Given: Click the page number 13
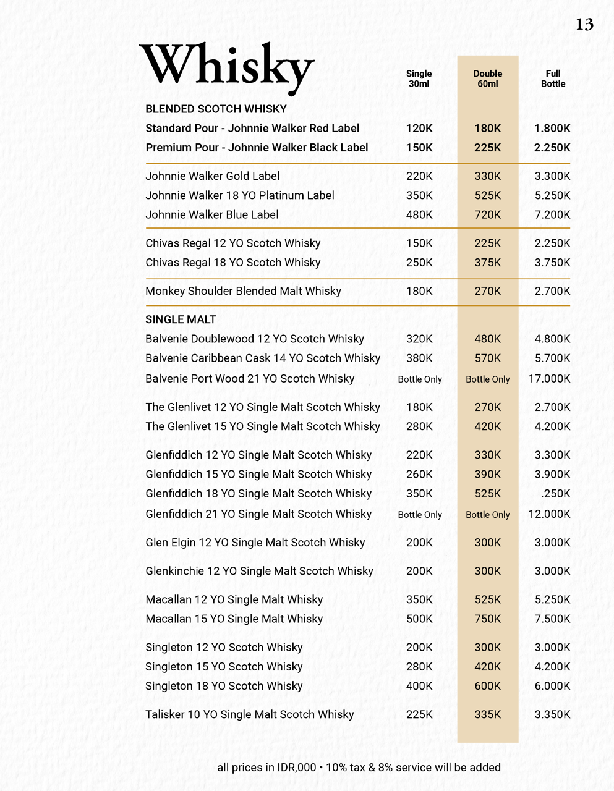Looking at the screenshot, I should [584, 24].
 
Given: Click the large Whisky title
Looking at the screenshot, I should [227, 67].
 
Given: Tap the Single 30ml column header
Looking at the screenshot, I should [419, 78].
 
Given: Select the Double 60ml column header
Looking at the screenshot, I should [488, 78].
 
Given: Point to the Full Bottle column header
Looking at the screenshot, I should [553, 78].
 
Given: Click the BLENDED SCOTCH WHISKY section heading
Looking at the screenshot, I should [216, 109].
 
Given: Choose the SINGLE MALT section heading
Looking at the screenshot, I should [181, 319].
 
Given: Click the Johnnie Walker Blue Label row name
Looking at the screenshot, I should [211, 214].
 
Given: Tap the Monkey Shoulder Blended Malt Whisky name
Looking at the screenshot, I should [243, 291].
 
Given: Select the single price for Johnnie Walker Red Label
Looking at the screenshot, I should [419, 129].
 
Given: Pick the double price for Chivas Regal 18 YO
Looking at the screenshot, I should [488, 263].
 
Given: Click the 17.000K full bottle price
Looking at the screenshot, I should [549, 379].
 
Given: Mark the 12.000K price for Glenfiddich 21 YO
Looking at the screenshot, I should [549, 514].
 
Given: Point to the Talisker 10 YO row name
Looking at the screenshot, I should [249, 714].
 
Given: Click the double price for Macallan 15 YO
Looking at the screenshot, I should [488, 619].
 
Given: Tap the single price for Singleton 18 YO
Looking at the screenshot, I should [419, 686].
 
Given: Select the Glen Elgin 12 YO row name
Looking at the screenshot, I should [255, 543].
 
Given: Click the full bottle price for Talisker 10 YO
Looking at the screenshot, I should [552, 714].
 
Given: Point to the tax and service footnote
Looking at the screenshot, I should [359, 768].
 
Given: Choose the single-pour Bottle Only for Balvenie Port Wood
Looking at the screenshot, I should [420, 379].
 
